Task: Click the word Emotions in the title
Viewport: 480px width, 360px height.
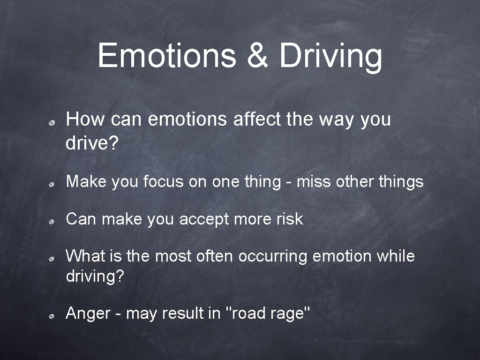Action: (167, 55)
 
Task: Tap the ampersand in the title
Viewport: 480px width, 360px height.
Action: (259, 55)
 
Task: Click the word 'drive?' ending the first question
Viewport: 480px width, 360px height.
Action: (92, 144)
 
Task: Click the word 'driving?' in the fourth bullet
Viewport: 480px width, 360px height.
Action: (95, 276)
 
